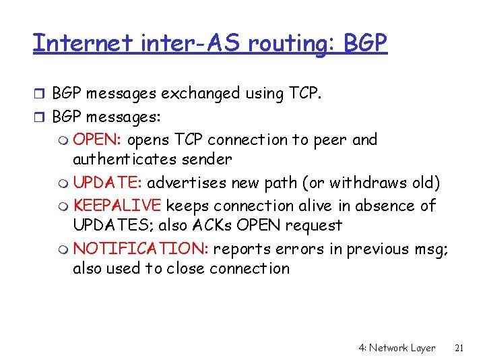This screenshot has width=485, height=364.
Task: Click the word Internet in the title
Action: (x=84, y=43)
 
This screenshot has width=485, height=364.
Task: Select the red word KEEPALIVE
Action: (x=118, y=205)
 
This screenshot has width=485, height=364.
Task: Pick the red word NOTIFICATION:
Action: (x=141, y=249)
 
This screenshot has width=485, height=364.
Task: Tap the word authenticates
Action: (x=124, y=160)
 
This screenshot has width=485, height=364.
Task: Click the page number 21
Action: (x=459, y=348)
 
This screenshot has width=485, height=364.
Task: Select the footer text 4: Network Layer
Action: (x=397, y=348)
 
